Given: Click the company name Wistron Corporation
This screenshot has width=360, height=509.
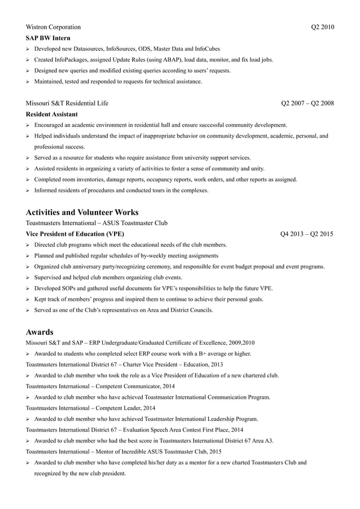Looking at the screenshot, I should (53, 27).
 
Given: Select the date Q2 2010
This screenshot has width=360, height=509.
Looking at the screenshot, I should (322, 27).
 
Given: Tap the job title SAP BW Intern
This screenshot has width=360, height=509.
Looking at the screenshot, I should (47, 38).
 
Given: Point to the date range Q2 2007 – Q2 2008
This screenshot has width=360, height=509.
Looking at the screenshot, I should (307, 103).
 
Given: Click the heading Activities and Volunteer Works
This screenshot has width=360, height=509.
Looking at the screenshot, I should (82, 212).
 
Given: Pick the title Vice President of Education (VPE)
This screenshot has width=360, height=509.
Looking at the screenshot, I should (75, 234).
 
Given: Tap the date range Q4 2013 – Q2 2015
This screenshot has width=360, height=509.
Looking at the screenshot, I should (306, 234).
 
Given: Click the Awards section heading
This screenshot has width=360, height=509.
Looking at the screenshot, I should (39, 332).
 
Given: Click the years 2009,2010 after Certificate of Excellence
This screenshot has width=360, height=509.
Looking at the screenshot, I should (240, 343).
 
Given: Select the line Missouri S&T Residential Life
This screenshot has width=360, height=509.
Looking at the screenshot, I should (67, 103).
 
